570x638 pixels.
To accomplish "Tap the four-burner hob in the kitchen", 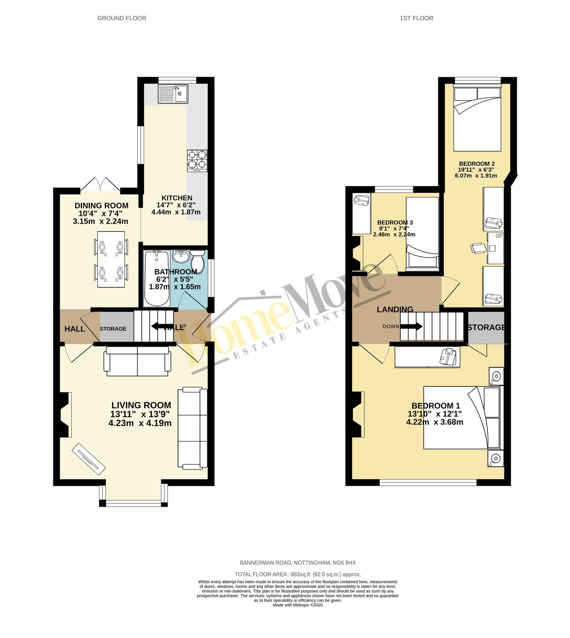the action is (x=197, y=161).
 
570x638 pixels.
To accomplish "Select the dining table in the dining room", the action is (x=111, y=259).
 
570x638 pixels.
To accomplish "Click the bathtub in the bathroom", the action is (x=157, y=278).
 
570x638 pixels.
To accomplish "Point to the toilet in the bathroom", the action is (x=197, y=261).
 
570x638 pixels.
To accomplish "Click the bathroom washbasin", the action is (x=181, y=256).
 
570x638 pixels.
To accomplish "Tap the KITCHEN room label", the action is (x=177, y=198).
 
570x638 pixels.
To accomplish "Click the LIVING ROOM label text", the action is (x=141, y=405).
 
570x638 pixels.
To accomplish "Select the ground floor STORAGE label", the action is (x=113, y=329).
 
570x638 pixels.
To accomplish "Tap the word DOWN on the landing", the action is (x=391, y=326).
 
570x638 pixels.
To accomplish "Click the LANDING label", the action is (x=395, y=310).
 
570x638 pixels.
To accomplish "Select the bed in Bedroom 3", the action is (x=423, y=232).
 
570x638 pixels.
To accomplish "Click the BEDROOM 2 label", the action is (x=477, y=164).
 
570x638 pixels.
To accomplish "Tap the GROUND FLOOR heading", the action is (x=122, y=18).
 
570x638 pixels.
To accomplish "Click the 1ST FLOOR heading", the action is (x=416, y=18).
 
